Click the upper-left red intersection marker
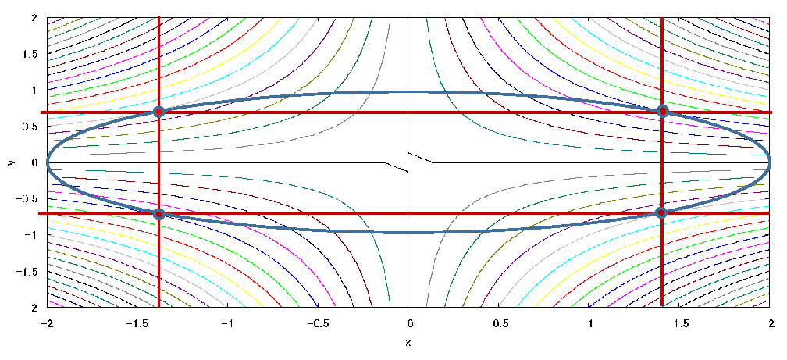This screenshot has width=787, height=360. [x=159, y=112]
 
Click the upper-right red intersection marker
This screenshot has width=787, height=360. [x=663, y=111]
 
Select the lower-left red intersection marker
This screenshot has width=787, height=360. [x=159, y=214]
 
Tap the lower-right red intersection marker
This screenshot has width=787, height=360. [x=661, y=212]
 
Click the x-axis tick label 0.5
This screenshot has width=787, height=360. [x=500, y=323]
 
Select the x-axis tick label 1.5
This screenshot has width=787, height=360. [x=681, y=323]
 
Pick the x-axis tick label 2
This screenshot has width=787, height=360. [x=771, y=323]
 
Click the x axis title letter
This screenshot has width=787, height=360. [x=409, y=343]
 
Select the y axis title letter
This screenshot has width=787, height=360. [x=11, y=162]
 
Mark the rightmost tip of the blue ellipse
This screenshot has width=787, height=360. [x=770, y=162]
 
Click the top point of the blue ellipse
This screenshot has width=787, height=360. [x=409, y=91]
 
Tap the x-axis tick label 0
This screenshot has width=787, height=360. [x=409, y=323]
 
